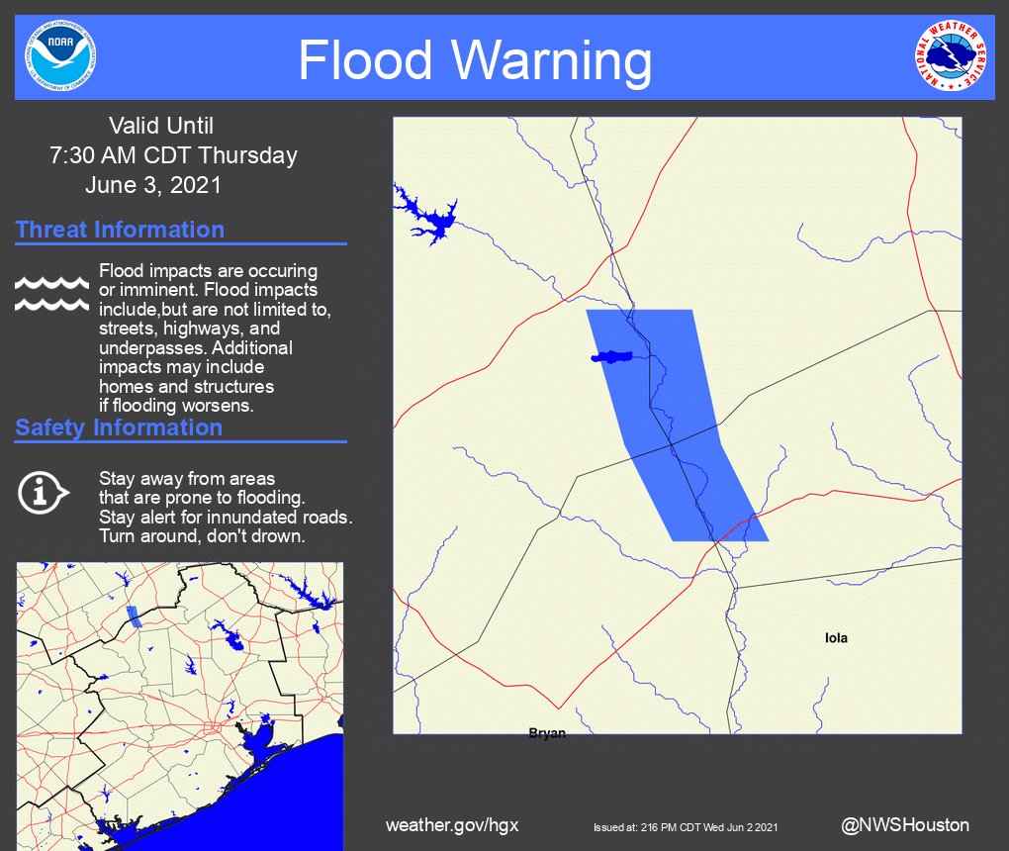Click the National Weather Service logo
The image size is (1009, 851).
pos(951,55)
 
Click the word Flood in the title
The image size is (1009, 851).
pos(366,60)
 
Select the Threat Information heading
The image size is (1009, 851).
pos(120,230)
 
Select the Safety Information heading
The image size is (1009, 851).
pos(119,427)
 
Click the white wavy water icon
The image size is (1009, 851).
pos(51,293)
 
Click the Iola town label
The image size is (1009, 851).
pos(836,638)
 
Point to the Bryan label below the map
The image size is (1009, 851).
pos(547,733)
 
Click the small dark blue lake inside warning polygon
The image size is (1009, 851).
pos(612,356)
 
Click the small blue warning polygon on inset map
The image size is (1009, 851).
pos(134,617)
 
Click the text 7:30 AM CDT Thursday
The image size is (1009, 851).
pos(173,155)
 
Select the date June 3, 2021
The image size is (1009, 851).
pos(153,185)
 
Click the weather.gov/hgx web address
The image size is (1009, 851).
pos(452,825)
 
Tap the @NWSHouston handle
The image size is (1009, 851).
pos(905,824)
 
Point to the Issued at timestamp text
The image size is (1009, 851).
pos(686,826)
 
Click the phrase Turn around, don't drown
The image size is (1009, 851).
pos(202,536)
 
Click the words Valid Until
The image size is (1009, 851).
pos(160,126)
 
